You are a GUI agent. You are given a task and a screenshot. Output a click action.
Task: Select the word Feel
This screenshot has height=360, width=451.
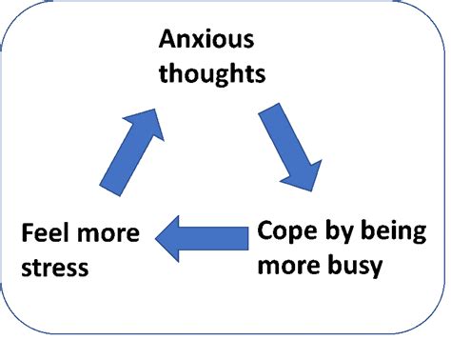point(45,233)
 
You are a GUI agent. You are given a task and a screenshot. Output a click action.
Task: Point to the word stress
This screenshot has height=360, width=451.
point(54,268)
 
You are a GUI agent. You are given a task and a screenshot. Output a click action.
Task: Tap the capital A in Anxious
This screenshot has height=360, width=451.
point(168,40)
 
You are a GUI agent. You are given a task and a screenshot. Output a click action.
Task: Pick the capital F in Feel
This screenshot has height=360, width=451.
point(27,233)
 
